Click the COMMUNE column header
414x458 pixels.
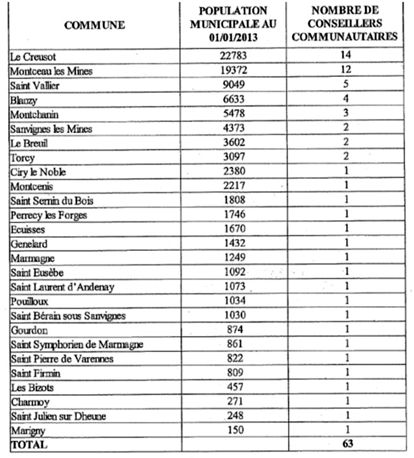95,25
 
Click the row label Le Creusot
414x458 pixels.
35,57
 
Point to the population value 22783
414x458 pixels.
233,57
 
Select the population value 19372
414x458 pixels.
233,71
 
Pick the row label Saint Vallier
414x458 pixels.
35,86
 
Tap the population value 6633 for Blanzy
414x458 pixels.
233,100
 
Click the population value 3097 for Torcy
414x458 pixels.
233,157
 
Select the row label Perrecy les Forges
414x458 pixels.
49,215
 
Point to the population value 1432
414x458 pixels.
233,244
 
